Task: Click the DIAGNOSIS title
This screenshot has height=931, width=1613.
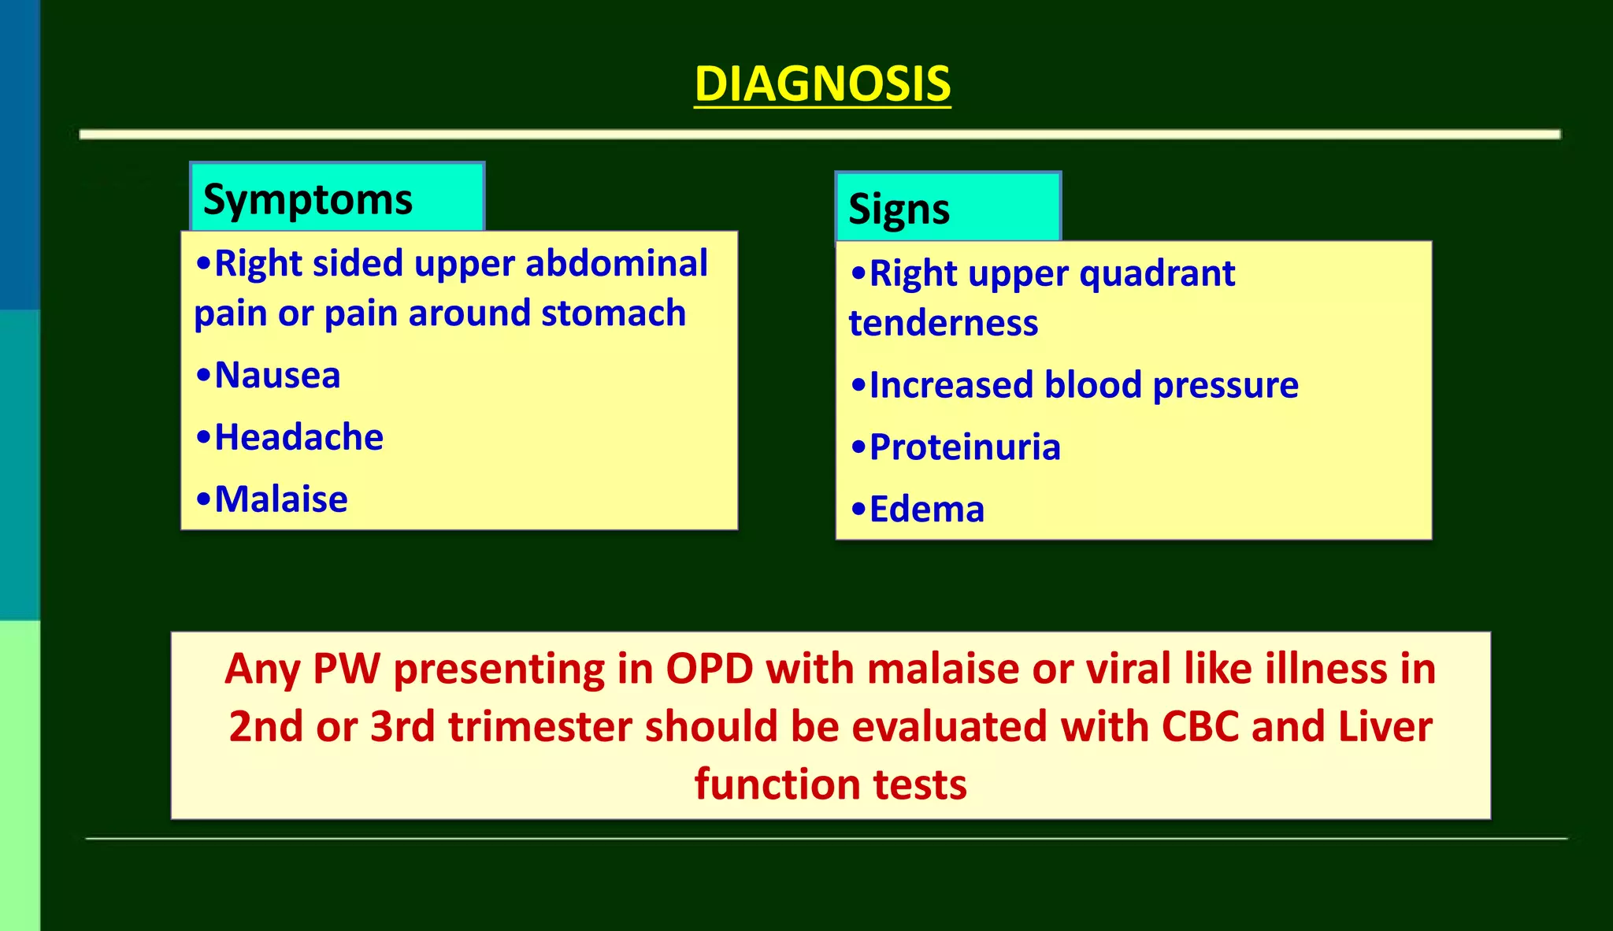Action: point(822,83)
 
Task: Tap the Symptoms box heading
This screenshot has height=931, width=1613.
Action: point(308,199)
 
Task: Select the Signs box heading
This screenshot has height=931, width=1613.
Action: point(899,210)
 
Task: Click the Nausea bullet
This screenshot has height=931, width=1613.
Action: point(276,375)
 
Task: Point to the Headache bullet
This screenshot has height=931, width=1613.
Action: point(298,437)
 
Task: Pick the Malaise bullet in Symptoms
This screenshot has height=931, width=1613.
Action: point(280,499)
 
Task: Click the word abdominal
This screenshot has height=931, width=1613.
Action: point(617,263)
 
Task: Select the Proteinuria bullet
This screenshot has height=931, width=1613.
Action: point(964,447)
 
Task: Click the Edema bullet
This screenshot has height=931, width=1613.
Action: point(926,510)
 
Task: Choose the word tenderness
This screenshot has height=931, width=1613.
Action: point(944,324)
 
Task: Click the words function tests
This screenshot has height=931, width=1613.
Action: point(830,784)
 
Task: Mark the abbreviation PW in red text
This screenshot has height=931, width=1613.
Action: point(346,669)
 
